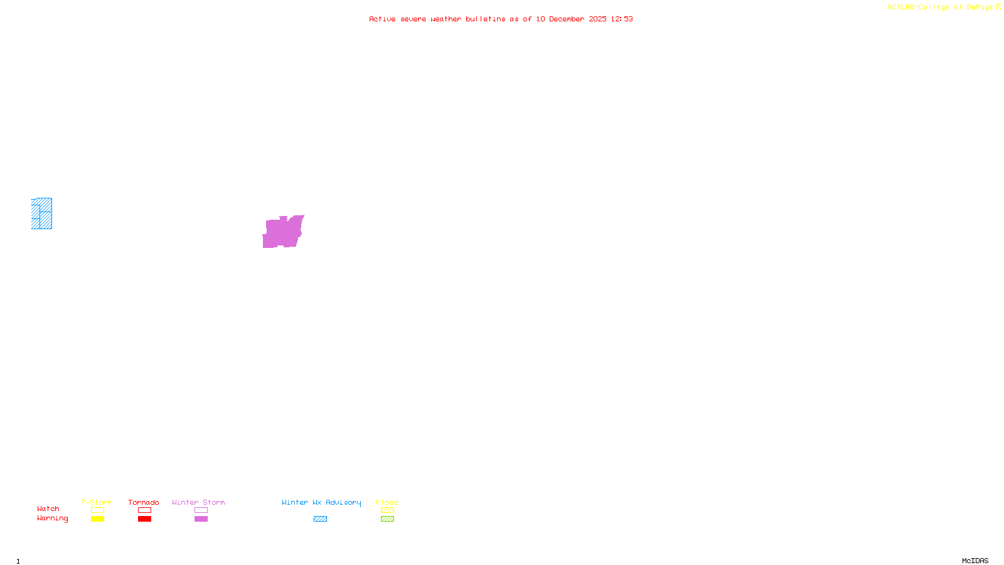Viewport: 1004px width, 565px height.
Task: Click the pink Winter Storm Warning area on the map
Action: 282,232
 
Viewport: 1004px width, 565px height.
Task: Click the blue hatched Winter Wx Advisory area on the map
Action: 42,214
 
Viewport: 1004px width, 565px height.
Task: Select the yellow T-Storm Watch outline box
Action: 97,510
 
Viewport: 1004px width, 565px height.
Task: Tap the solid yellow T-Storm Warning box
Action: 97,519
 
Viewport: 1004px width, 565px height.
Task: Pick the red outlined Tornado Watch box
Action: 144,510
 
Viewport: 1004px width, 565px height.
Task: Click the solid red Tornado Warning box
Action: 144,519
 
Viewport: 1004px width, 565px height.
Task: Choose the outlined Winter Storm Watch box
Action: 201,510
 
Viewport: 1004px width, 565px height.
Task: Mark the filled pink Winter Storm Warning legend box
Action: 201,519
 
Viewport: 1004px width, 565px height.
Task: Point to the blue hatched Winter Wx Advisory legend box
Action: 320,519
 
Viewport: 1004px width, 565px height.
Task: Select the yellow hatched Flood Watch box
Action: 387,510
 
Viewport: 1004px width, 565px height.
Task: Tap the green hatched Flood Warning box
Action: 387,519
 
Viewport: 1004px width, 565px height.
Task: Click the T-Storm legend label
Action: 97,502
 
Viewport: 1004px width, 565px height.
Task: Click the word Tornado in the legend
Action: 144,502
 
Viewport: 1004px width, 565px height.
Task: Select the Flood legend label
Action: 387,502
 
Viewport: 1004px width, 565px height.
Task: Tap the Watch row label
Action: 48,509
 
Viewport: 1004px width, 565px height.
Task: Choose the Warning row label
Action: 52,519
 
